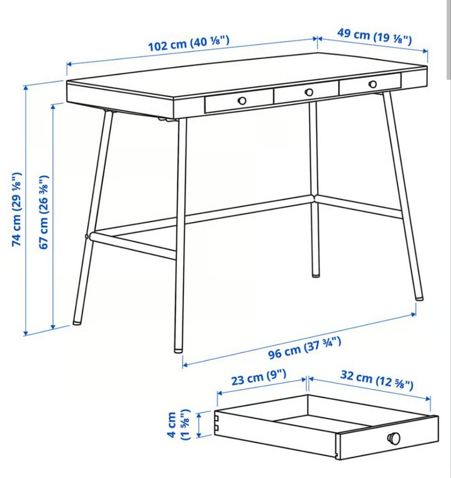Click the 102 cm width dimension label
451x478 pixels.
click(x=189, y=44)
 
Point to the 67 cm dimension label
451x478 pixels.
click(x=44, y=212)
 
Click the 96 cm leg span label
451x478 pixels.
click(x=305, y=348)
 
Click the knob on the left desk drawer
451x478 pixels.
click(x=242, y=101)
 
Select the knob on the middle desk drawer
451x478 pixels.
click(x=309, y=92)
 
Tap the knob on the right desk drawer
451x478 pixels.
click(x=373, y=84)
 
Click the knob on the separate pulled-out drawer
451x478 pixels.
click(x=393, y=438)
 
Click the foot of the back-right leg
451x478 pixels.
click(x=419, y=297)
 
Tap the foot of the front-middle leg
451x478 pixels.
click(x=178, y=349)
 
